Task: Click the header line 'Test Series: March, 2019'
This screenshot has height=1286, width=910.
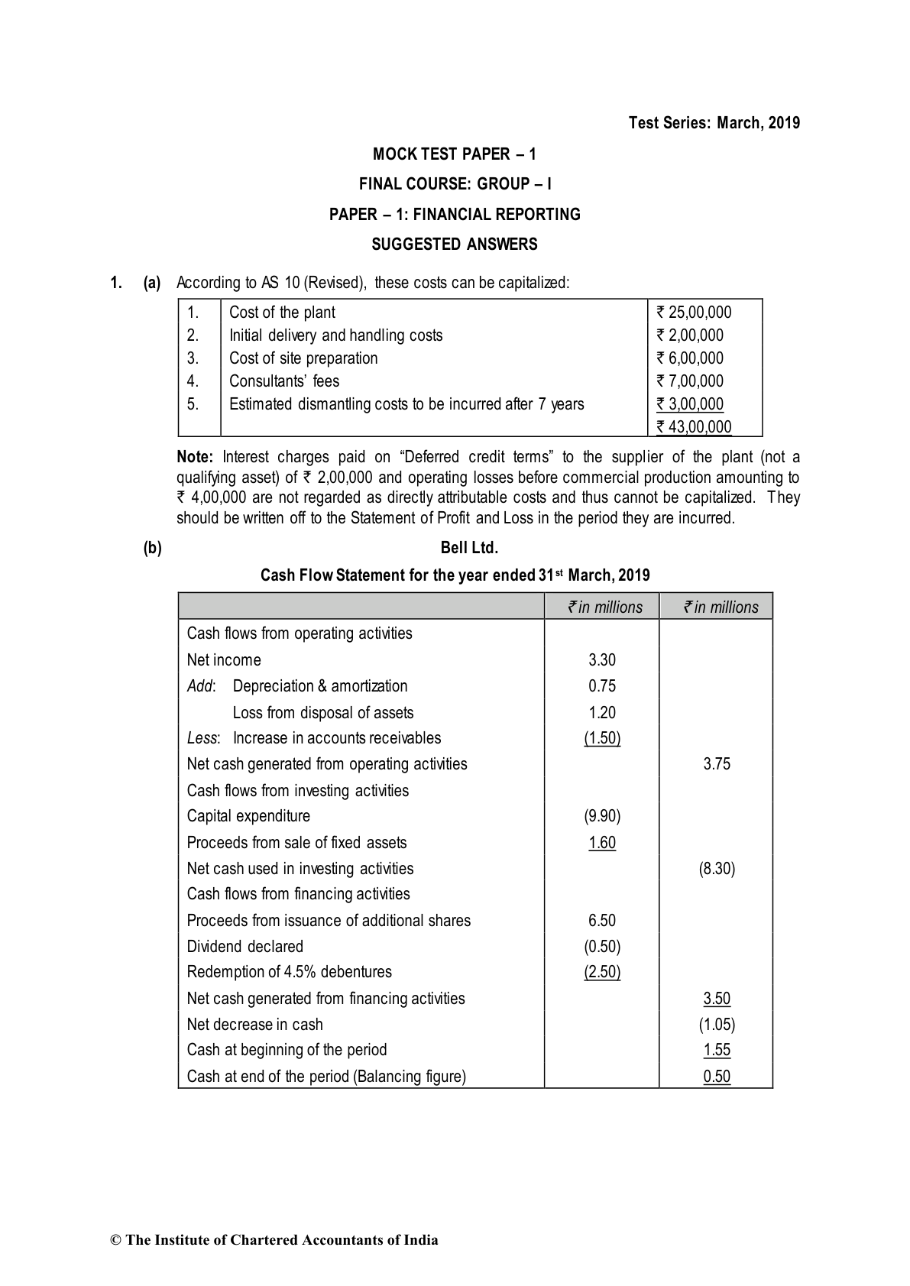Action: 714,123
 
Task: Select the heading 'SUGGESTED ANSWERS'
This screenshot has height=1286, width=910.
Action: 455,245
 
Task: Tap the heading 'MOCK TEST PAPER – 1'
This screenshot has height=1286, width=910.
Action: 455,154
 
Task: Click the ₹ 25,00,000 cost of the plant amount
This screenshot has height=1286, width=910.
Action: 693,312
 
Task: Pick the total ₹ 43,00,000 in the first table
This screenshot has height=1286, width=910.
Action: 693,426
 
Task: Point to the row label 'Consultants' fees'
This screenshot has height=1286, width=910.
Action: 284,381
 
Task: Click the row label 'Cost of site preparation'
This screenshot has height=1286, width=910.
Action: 303,358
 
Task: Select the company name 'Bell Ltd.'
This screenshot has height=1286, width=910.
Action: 469,548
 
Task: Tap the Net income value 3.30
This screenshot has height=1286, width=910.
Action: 602,660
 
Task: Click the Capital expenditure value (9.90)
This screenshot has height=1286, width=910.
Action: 602,816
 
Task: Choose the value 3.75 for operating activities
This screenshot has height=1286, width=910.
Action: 717,764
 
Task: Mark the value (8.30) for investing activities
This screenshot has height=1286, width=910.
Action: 717,869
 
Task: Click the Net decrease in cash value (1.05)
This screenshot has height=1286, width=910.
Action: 717,1025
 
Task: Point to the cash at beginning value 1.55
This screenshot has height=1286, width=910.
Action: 717,1050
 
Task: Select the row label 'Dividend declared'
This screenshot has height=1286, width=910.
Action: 245,947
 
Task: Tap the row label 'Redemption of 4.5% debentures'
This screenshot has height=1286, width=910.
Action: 290,972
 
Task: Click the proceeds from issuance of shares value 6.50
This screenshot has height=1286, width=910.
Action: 602,921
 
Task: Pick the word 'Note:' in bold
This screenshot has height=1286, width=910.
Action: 195,458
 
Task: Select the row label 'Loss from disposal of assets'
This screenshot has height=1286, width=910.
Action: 323,713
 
